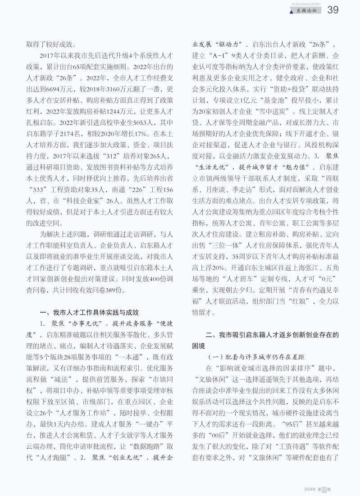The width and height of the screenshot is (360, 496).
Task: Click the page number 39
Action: coord(333,10)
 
